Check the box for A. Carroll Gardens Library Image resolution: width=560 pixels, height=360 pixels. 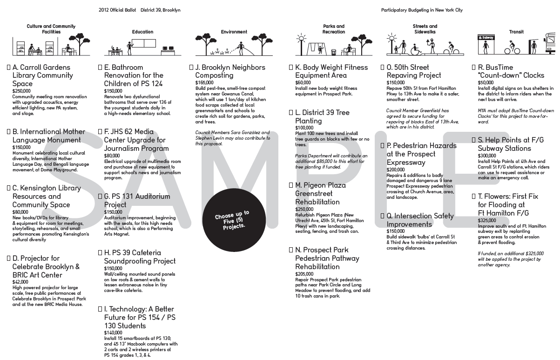pyautogui.click(x=9, y=68)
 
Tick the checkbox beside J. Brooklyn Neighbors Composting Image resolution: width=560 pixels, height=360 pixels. pyautogui.click(x=191, y=68)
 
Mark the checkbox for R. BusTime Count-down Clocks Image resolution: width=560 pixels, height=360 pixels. pyautogui.click(x=474, y=68)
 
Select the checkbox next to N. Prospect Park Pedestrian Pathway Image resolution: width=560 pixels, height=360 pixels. pyautogui.click(x=291, y=250)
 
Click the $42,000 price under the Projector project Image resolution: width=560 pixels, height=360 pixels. pyautogui.click(x=20, y=282)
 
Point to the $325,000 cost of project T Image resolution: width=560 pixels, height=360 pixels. pyautogui.click(x=487, y=220)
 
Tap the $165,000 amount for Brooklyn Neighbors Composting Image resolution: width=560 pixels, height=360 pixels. pyautogui.click(x=204, y=83)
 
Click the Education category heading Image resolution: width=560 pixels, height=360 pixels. pyautogui.click(x=142, y=32)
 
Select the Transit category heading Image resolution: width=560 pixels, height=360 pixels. pyautogui.click(x=516, y=32)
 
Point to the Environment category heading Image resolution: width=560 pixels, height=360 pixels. pyautogui.click(x=234, y=32)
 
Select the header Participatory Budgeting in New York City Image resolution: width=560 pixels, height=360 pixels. pyautogui.click(x=422, y=10)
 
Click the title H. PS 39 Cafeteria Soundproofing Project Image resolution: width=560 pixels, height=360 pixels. pyautogui.click(x=140, y=257)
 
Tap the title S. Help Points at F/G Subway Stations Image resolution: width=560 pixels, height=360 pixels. pyautogui.click(x=511, y=144)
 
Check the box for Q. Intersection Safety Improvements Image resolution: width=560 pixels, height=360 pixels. pyautogui.click(x=382, y=216)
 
